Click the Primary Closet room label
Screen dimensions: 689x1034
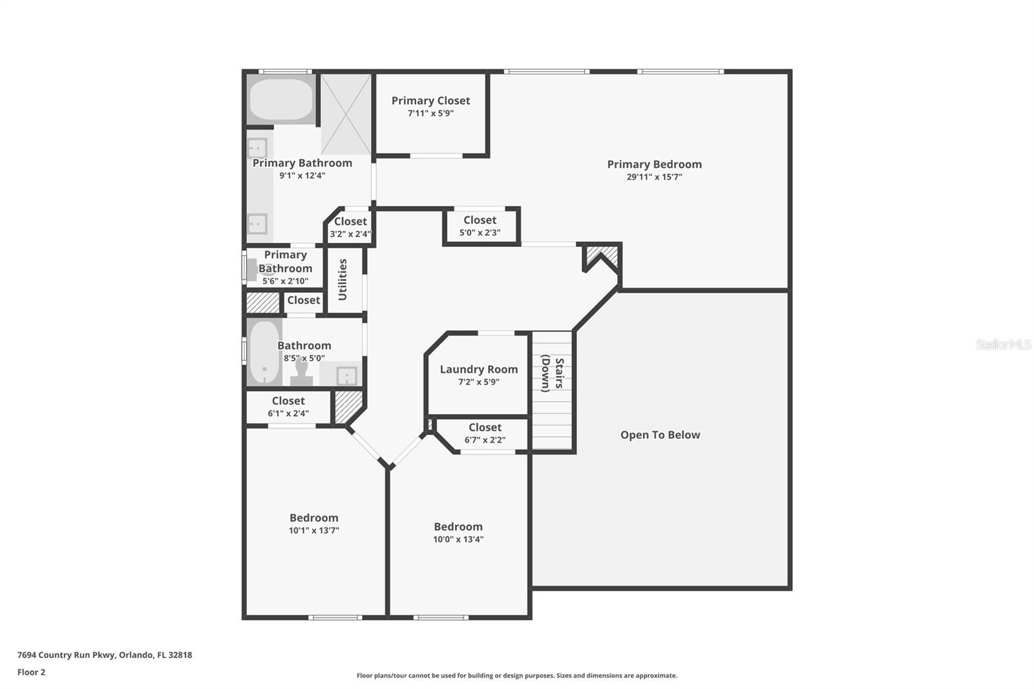pyautogui.click(x=430, y=101)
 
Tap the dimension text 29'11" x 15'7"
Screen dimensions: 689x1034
pyautogui.click(x=654, y=177)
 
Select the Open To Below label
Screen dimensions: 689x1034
pyautogui.click(x=660, y=435)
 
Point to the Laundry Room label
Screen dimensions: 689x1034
pyautogui.click(x=478, y=370)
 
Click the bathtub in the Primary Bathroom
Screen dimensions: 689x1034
pyautogui.click(x=280, y=99)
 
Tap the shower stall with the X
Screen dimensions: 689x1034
pyautogui.click(x=346, y=114)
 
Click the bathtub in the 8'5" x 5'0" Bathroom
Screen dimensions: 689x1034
pyautogui.click(x=264, y=352)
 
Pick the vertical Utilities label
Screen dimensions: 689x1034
pyautogui.click(x=343, y=279)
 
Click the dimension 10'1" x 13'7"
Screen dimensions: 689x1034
pyautogui.click(x=313, y=531)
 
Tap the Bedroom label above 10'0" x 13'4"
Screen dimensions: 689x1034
pyautogui.click(x=458, y=527)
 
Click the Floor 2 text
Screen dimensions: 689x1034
pyautogui.click(x=31, y=672)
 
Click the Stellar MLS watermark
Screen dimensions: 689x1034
pyautogui.click(x=1003, y=344)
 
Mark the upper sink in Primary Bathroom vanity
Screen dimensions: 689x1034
pyautogui.click(x=257, y=149)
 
